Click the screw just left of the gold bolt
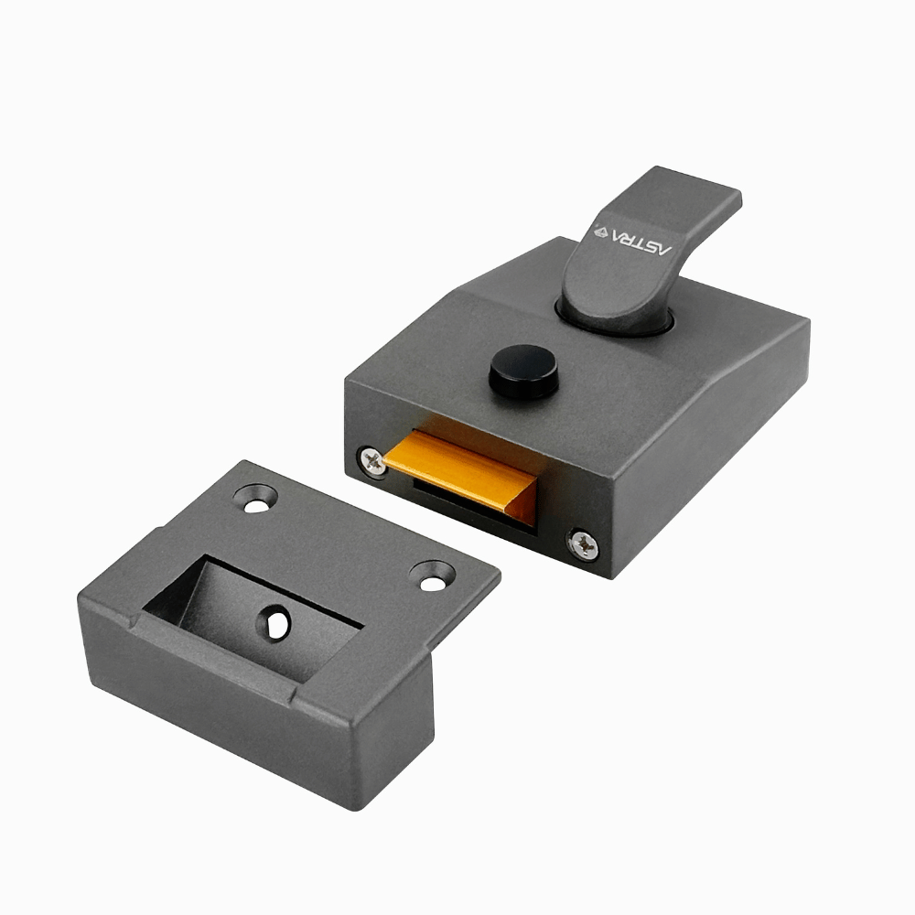coord(372,460)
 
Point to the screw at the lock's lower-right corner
coord(583,544)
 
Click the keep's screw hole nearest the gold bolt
coord(256,498)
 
